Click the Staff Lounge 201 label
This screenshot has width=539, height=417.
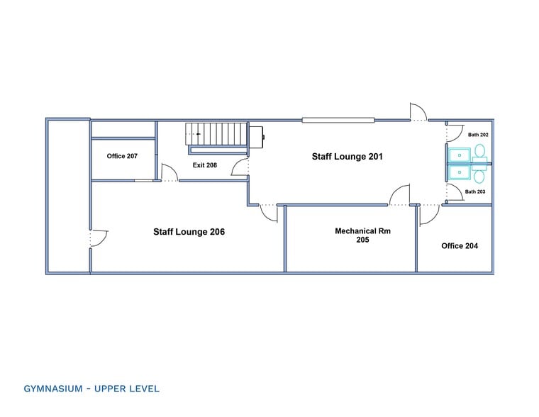348,157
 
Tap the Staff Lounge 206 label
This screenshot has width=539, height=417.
189,232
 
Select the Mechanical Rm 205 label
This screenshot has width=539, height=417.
362,235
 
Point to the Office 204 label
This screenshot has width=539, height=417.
460,246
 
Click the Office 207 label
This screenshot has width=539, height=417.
122,156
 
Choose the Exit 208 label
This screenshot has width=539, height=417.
205,165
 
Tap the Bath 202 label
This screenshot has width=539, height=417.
478,135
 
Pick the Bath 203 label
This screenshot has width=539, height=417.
475,191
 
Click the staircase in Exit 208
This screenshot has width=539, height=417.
216,134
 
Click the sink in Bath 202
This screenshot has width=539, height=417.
460,155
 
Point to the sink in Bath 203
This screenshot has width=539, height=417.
460,172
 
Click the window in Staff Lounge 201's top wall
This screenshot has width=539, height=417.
338,121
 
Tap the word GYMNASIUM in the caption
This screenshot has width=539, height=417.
53,389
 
